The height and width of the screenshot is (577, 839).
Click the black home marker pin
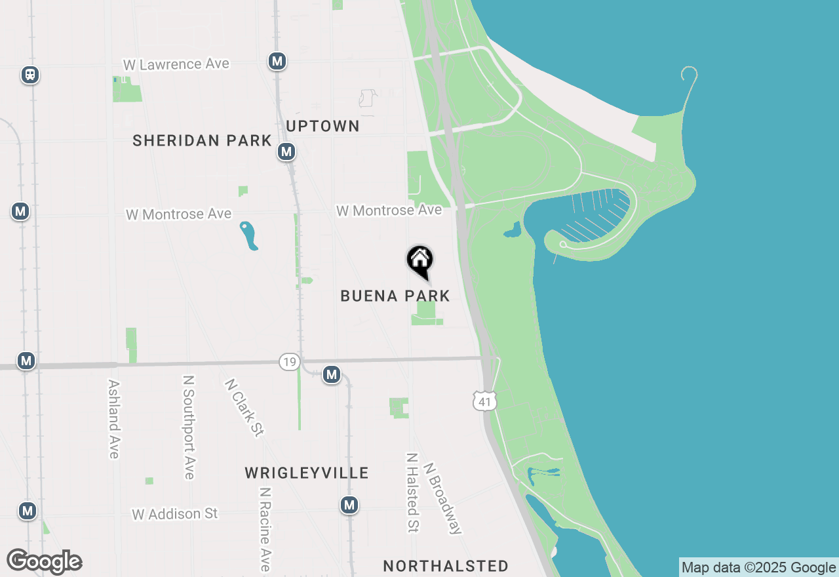420,261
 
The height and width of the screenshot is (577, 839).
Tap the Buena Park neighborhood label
395,296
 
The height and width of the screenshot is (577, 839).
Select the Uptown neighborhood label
322,127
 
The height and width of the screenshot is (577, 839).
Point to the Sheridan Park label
202,140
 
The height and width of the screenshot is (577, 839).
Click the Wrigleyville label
307,473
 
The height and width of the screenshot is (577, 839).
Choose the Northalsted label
446,567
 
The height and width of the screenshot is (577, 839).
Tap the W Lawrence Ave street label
176,64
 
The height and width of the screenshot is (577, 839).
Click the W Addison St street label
174,514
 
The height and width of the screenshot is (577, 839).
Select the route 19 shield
289,361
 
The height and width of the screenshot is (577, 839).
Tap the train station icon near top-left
29,75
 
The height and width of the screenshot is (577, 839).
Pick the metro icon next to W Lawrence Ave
277,61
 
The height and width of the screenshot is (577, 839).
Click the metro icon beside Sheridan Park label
286,151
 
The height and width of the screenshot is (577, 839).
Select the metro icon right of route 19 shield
332,374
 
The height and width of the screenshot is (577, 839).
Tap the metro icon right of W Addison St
349,505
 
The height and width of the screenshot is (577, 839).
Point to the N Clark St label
244,407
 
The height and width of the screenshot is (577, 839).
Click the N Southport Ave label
189,427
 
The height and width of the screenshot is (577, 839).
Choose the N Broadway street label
442,498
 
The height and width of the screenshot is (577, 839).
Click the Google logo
44,562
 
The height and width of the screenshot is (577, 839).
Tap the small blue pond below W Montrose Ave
248,235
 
